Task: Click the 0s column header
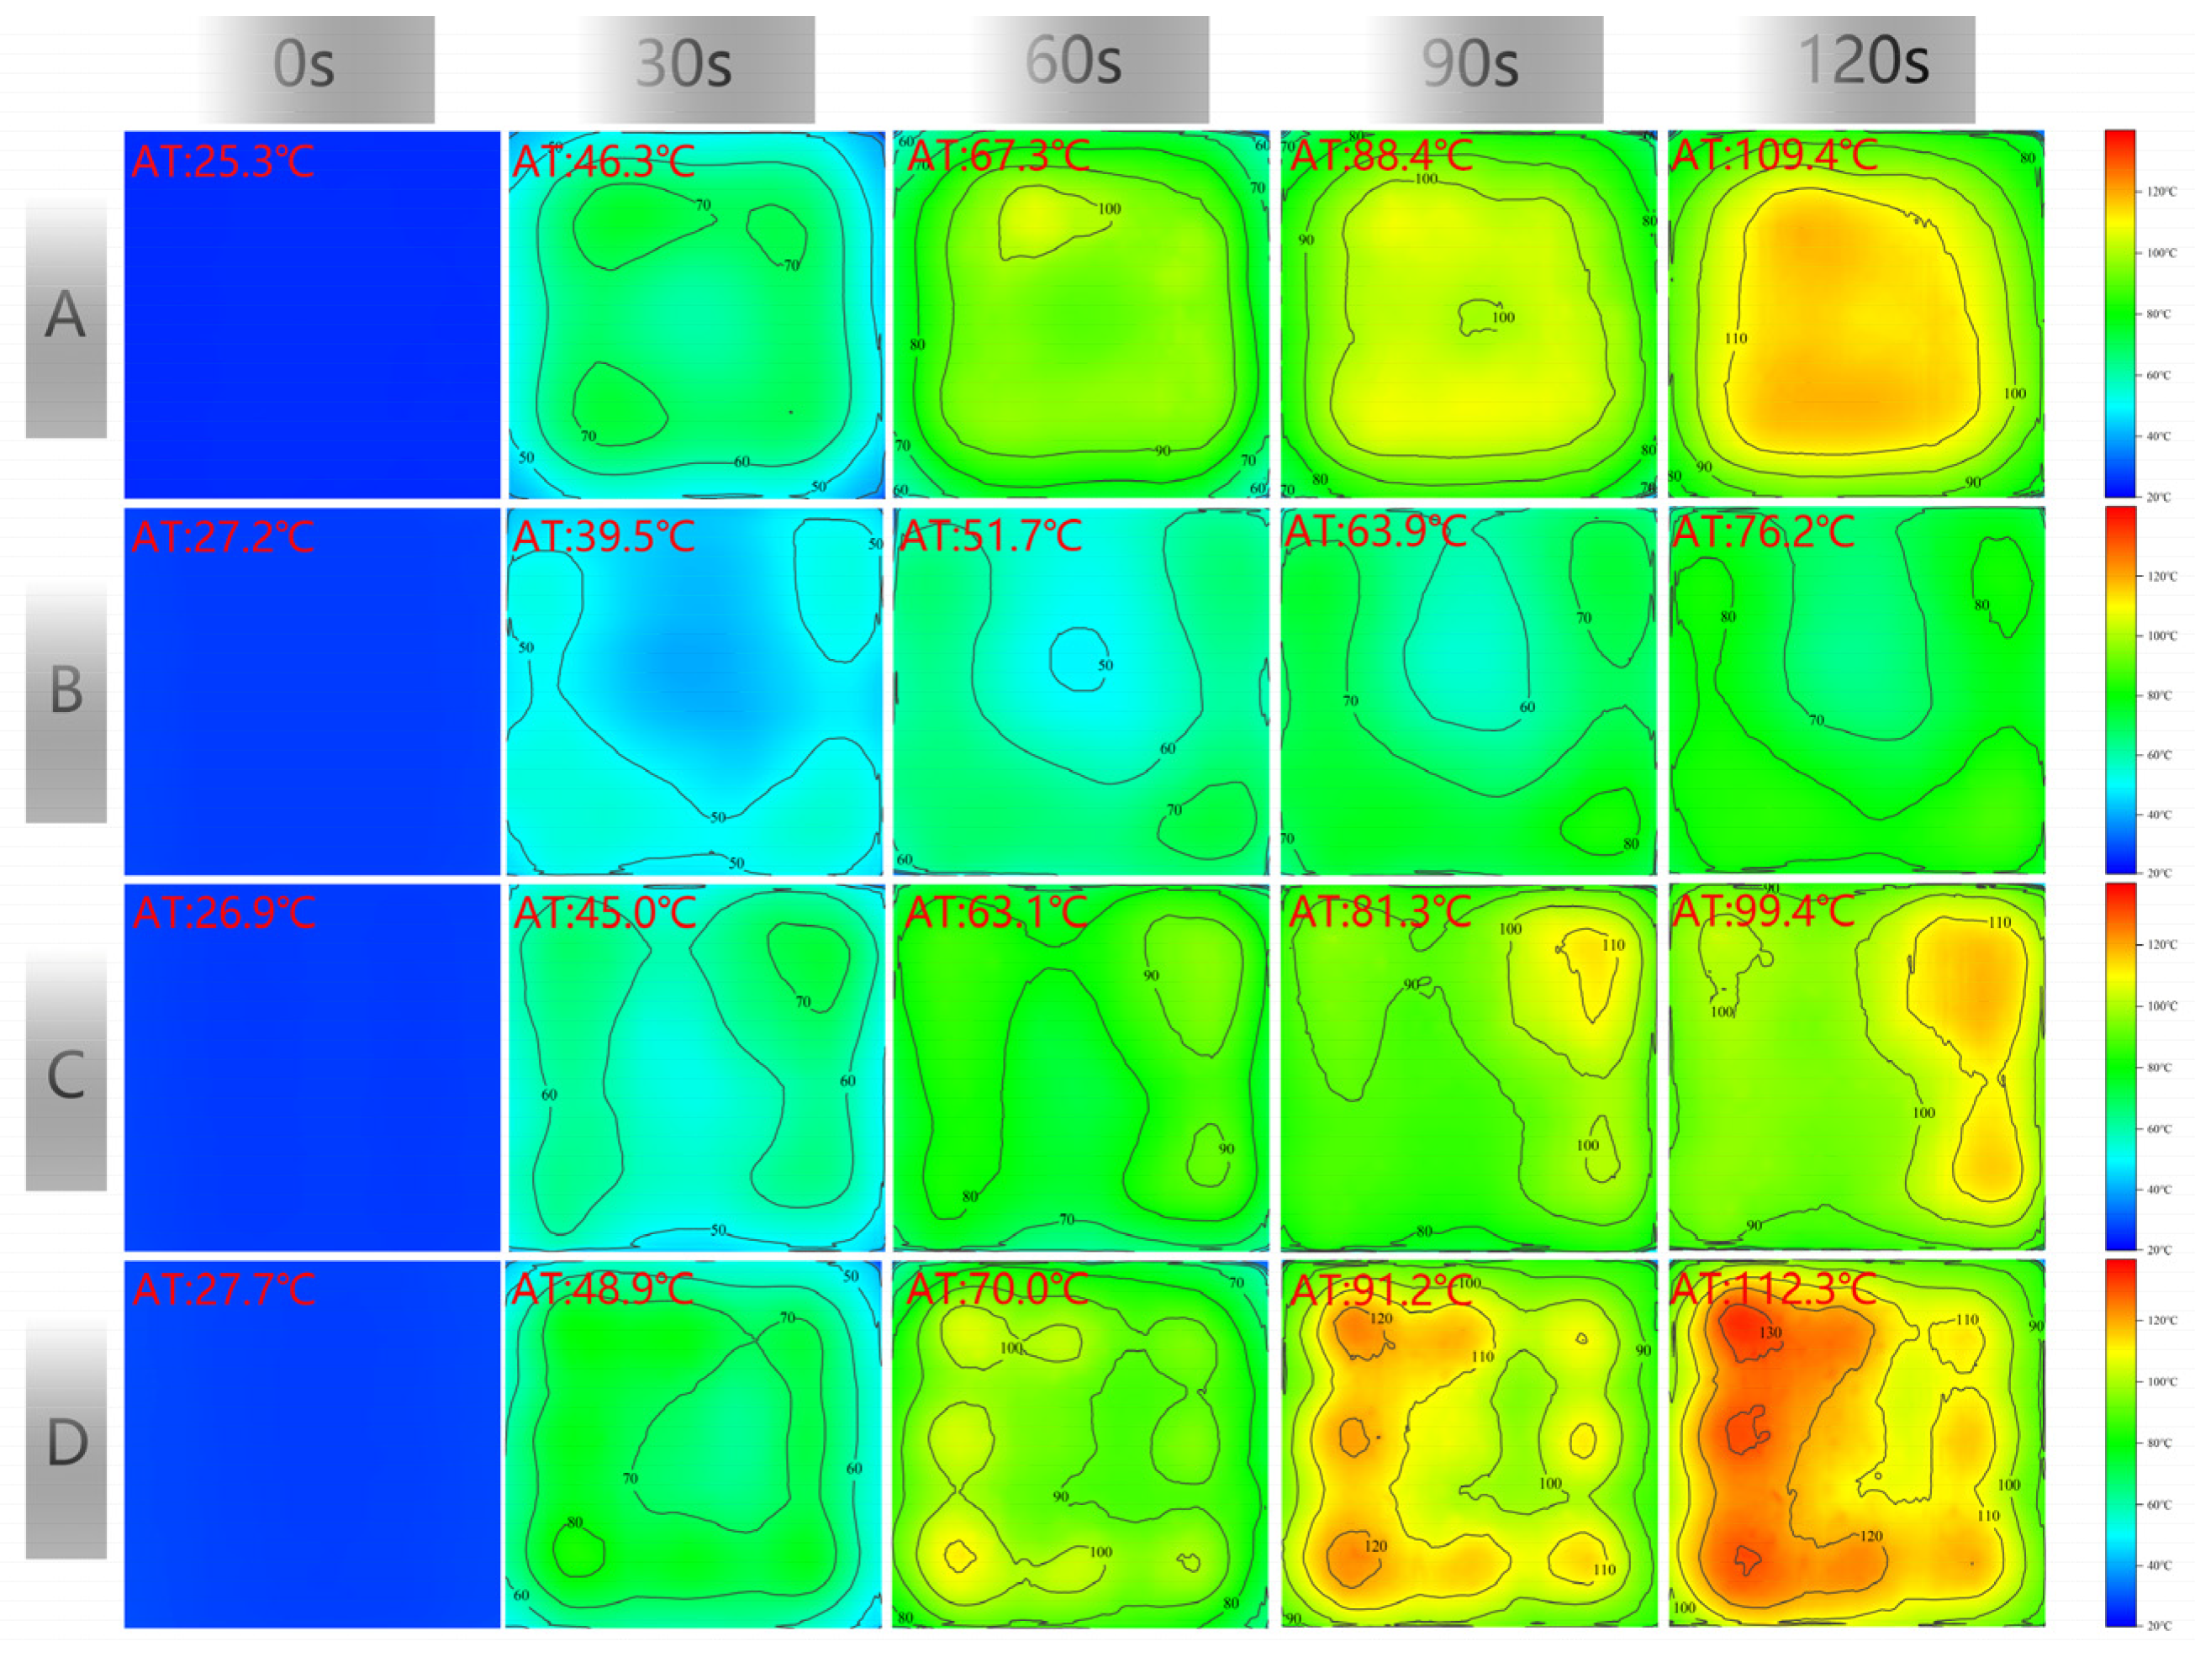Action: pyautogui.click(x=303, y=65)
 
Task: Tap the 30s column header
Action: pyautogui.click(x=683, y=65)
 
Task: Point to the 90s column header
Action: pyautogui.click(x=1469, y=65)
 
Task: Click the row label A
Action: pyautogui.click(x=66, y=315)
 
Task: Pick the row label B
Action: pyautogui.click(x=66, y=690)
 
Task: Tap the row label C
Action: pyautogui.click(x=66, y=1075)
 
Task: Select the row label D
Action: pyautogui.click(x=66, y=1443)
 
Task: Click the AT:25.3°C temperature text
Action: pyautogui.click(x=224, y=161)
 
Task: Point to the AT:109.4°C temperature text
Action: pyautogui.click(x=1775, y=155)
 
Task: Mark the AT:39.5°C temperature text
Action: pyautogui.click(x=604, y=537)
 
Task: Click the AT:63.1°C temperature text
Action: pyautogui.click(x=996, y=913)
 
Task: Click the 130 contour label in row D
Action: pyautogui.click(x=1771, y=1332)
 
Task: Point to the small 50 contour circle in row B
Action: pyautogui.click(x=1079, y=659)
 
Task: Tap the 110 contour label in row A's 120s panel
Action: pyautogui.click(x=1735, y=338)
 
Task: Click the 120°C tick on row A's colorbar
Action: pyautogui.click(x=2161, y=192)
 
